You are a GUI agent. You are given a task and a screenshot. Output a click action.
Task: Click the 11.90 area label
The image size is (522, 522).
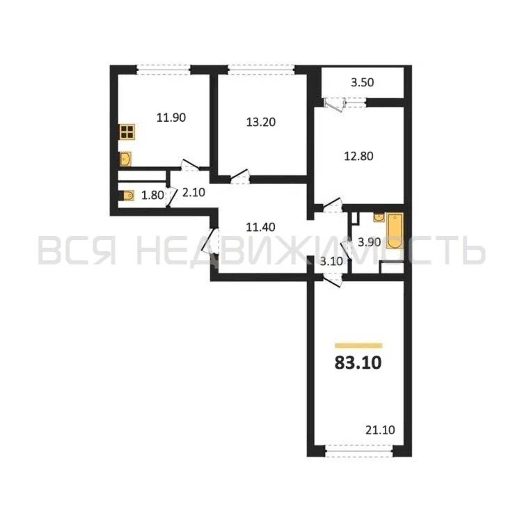[171, 118]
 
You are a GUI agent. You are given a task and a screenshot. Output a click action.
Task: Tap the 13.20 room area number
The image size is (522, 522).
[261, 122]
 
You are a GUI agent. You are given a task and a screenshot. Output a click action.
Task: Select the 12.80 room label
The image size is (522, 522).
[359, 156]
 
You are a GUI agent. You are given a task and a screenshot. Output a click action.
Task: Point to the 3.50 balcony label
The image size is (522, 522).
[362, 83]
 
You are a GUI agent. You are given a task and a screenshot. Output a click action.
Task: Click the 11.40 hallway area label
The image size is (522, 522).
[260, 227]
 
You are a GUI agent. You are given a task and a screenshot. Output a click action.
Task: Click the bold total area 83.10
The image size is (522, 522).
[358, 363]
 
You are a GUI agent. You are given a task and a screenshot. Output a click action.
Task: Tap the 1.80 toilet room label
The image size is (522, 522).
[153, 195]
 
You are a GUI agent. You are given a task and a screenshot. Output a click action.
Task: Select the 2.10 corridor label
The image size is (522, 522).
[194, 193]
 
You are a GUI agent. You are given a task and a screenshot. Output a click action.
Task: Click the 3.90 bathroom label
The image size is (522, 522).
[369, 242]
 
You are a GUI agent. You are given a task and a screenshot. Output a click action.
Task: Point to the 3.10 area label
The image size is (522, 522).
[331, 262]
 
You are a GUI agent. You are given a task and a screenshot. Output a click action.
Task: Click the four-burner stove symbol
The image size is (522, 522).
[127, 132]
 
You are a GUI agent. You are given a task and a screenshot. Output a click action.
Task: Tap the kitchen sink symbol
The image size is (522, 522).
[125, 159]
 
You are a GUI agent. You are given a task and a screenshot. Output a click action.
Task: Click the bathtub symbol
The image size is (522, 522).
[395, 231]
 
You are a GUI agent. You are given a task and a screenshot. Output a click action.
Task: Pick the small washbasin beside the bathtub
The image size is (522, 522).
[379, 217]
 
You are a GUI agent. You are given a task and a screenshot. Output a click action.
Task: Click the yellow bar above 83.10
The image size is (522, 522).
[358, 345]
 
